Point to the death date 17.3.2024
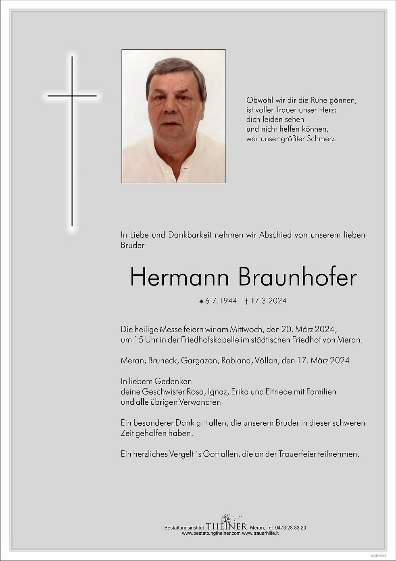pyautogui.click(x=268, y=300)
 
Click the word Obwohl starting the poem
pyautogui.click(x=259, y=100)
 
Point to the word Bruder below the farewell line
pyautogui.click(x=132, y=245)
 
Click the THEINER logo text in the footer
pyautogui.click(x=226, y=526)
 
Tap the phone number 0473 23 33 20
pyautogui.click(x=289, y=527)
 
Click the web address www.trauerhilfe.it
pyautogui.click(x=261, y=533)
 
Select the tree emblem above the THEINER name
pyautogui.click(x=226, y=517)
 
